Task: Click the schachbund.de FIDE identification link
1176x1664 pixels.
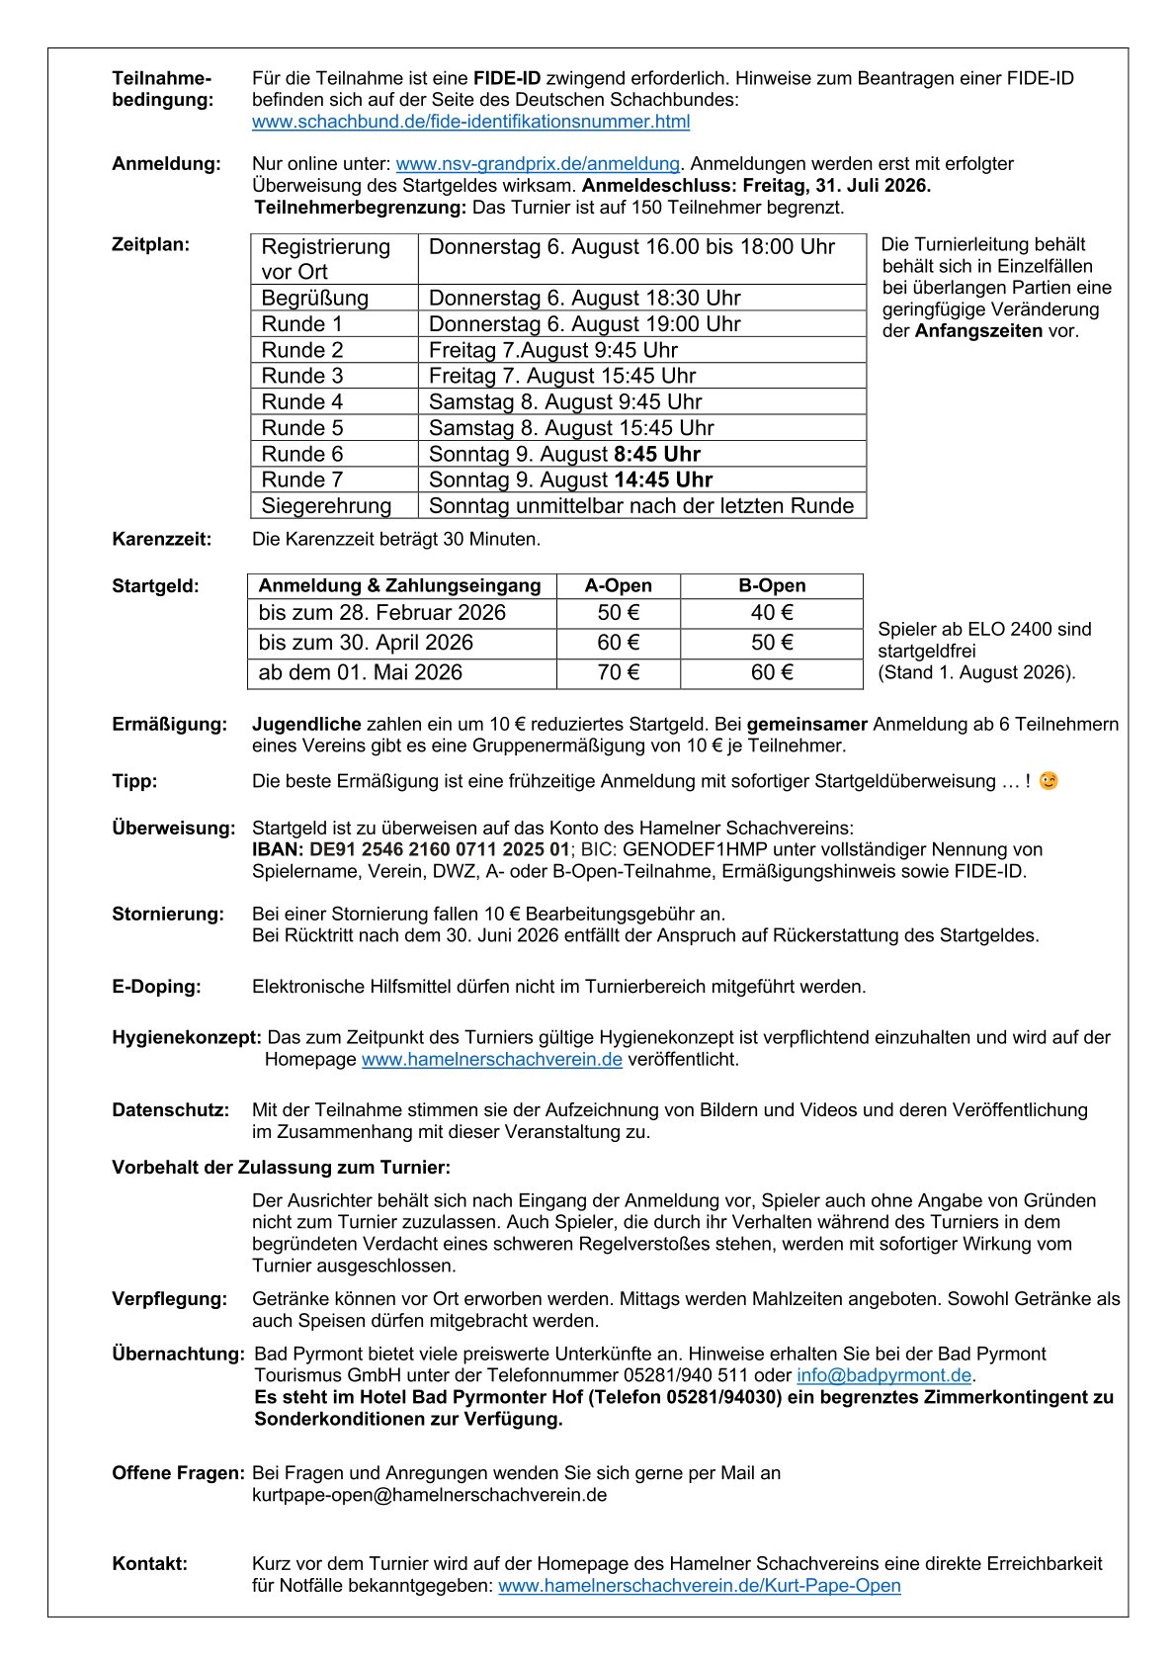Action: pyautogui.click(x=470, y=122)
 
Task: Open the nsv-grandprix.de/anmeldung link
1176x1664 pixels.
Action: pyautogui.click(x=538, y=164)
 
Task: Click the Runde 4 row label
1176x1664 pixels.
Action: pyautogui.click(x=302, y=401)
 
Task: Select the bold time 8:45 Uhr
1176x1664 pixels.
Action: pyautogui.click(x=656, y=454)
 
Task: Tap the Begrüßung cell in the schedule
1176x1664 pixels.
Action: pyautogui.click(x=315, y=298)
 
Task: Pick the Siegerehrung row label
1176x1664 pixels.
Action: pyautogui.click(x=326, y=505)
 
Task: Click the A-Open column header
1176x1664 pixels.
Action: pyautogui.click(x=619, y=585)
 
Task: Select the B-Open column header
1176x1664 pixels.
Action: pyautogui.click(x=772, y=585)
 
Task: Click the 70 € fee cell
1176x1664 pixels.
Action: pyautogui.click(x=619, y=672)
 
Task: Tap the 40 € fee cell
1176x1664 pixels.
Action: pyautogui.click(x=772, y=613)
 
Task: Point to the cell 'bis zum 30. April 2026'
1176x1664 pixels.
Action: pyautogui.click(x=366, y=643)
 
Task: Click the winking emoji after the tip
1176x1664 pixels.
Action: pyautogui.click(x=1049, y=780)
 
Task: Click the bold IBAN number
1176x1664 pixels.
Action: pyautogui.click(x=411, y=849)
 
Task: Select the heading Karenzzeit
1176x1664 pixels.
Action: pyautogui.click(x=162, y=539)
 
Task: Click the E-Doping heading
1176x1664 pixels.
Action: pyautogui.click(x=156, y=986)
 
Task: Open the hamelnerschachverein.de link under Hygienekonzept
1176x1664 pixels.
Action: pyautogui.click(x=492, y=1059)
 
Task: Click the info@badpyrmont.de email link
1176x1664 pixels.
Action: pyautogui.click(x=884, y=1375)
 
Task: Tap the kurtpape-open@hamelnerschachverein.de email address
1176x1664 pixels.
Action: pyautogui.click(x=429, y=1494)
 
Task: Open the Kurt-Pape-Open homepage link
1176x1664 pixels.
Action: pyautogui.click(x=700, y=1585)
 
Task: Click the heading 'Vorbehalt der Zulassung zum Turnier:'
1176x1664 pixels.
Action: pyautogui.click(x=281, y=1167)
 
